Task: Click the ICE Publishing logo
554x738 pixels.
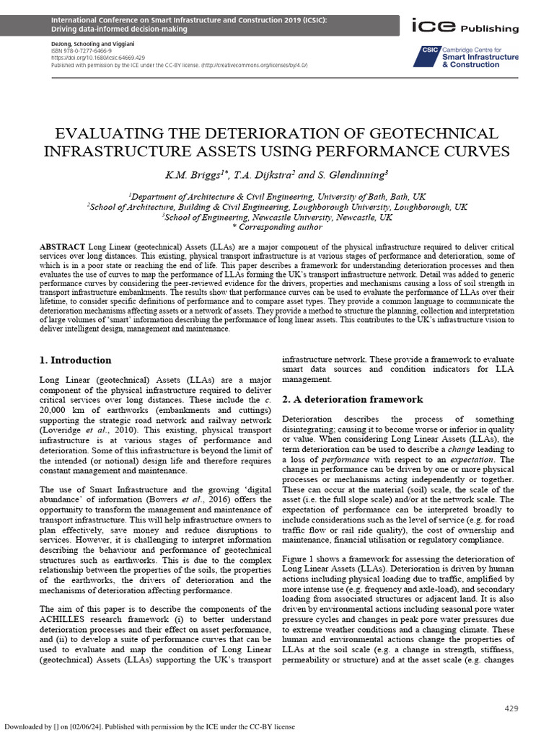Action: click(464, 27)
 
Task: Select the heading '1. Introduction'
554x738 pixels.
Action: click(74, 360)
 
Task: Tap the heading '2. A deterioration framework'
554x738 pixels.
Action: click(352, 399)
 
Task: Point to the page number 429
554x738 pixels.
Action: click(511, 708)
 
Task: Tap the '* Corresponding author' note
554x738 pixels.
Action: click(277, 226)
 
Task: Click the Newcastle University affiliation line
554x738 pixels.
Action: click(277, 216)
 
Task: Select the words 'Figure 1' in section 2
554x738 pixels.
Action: click(299, 559)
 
